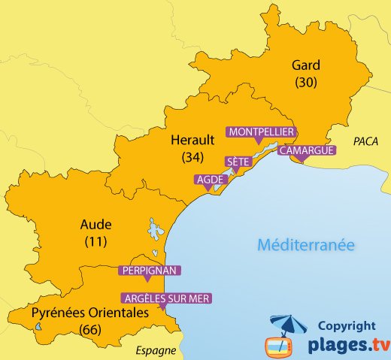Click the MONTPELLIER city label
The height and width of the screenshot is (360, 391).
pyautogui.click(x=260, y=132)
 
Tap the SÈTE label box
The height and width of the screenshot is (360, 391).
pyautogui.click(x=238, y=162)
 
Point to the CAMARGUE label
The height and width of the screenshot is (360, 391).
pyautogui.click(x=306, y=150)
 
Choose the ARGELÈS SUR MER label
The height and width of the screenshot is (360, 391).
pyautogui.click(x=167, y=298)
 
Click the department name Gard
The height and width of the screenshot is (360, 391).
pyautogui.click(x=306, y=65)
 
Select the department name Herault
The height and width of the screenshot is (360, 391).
pyautogui.click(x=187, y=141)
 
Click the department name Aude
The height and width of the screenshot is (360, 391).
pyautogui.click(x=95, y=225)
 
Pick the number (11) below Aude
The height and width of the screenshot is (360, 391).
pyautogui.click(x=95, y=241)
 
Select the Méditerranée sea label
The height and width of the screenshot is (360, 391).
pyautogui.click(x=305, y=244)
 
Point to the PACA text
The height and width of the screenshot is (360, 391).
pyautogui.click(x=365, y=140)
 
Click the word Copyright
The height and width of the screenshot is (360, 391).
pyautogui.click(x=347, y=325)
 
